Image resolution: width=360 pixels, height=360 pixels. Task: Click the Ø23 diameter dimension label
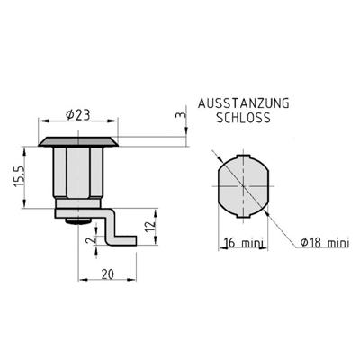coord(77,115)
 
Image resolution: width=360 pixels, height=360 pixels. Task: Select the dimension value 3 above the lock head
coord(180,115)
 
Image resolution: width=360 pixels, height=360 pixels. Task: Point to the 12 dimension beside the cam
coord(152,223)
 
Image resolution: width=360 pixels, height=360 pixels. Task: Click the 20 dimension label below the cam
coord(108,274)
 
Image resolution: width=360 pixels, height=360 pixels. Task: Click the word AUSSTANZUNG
coord(244,103)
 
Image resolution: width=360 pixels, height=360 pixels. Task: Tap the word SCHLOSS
coord(243,118)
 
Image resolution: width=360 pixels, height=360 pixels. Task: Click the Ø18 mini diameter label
coord(325,243)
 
